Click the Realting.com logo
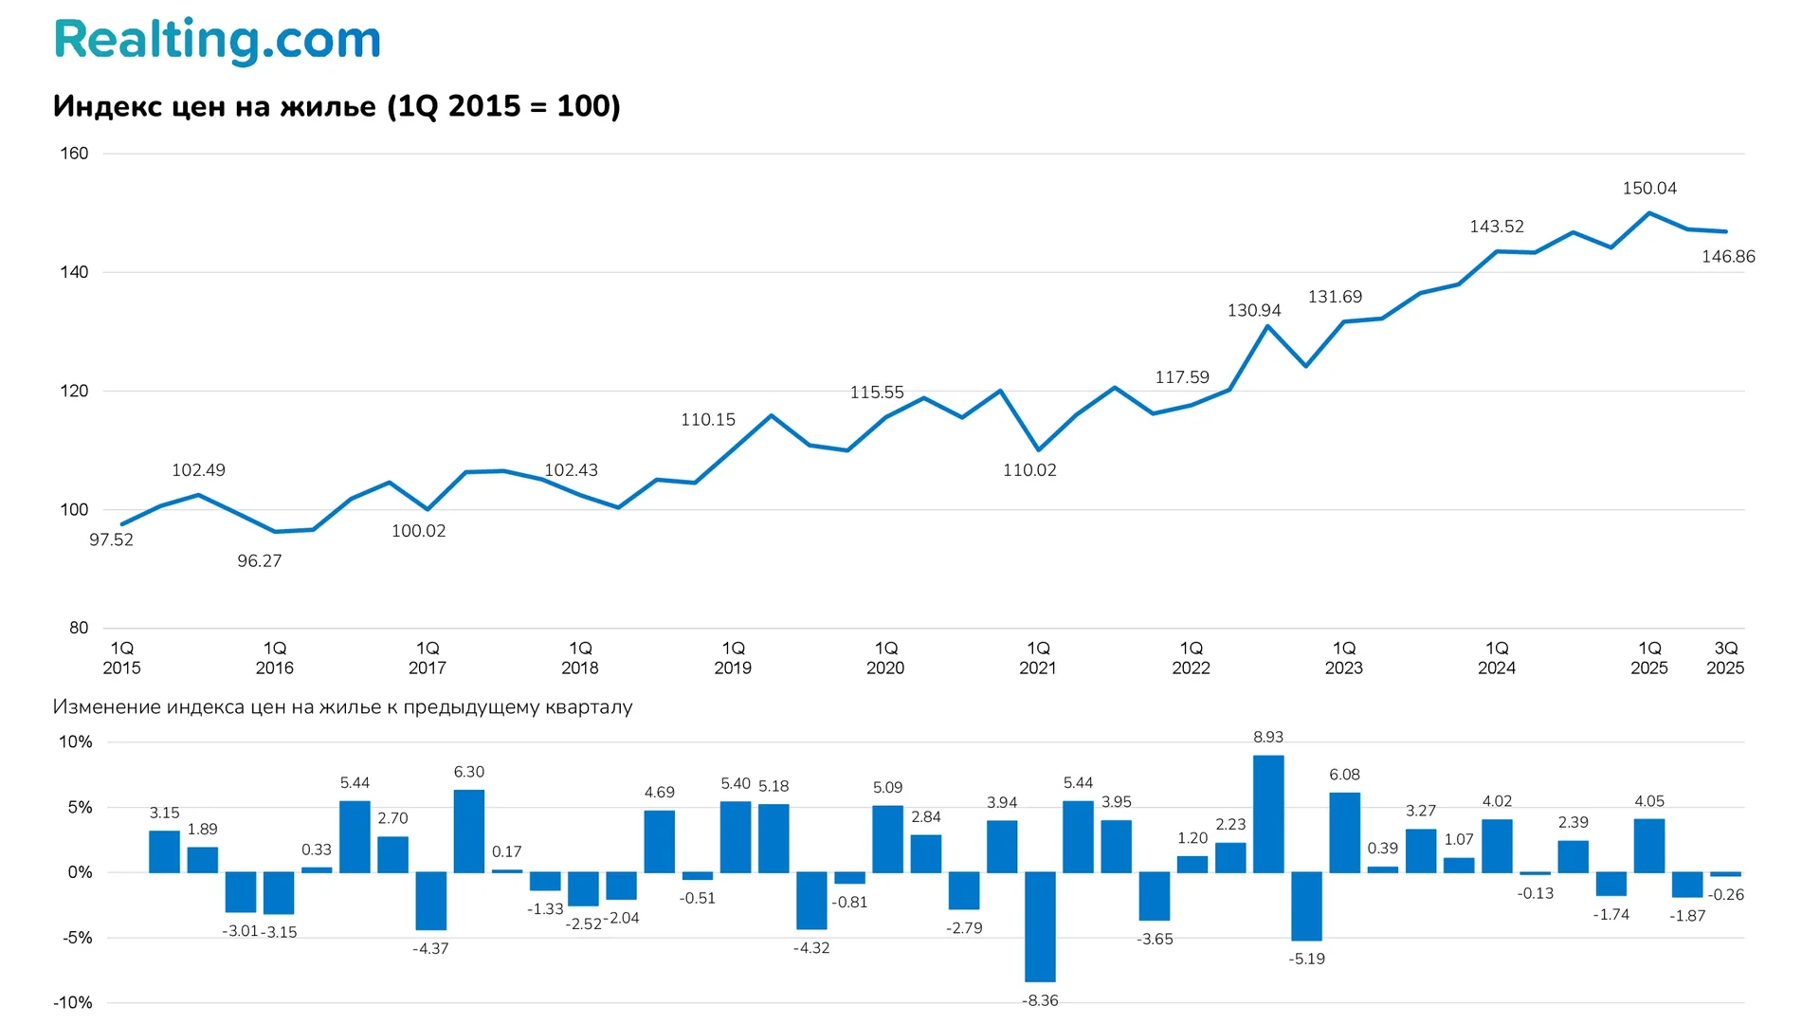217,41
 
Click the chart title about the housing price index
337,106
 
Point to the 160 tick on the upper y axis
74,154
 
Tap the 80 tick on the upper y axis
78,628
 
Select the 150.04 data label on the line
1648,189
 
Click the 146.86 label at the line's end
1727,257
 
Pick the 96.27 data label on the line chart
259,561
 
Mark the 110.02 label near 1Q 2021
1028,470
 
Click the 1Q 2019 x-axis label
733,658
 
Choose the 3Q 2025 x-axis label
1725,658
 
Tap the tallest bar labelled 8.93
1268,814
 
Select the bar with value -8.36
1040,926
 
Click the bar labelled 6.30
469,831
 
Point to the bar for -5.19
1306,905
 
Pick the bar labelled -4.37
430,901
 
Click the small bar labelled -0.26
1725,874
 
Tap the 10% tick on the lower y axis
76,742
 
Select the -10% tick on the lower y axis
73,1003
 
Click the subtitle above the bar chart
342,707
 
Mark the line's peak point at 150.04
1649,213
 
